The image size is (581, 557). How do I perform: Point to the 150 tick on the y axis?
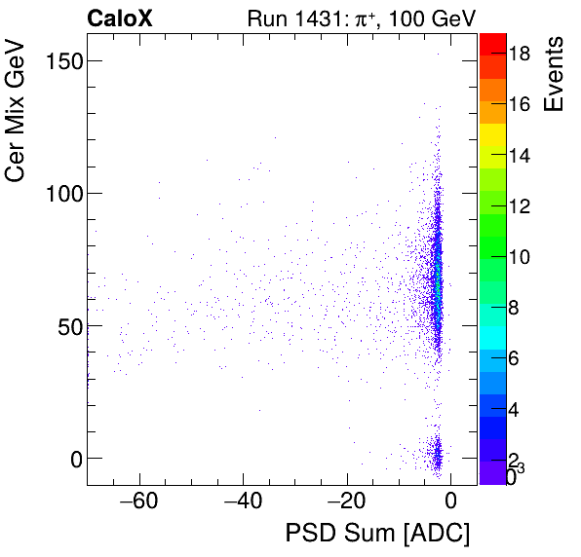61,60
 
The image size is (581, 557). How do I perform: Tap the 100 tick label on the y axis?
61,193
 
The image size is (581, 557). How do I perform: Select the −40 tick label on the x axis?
239,502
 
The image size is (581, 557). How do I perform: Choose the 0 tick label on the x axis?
450,502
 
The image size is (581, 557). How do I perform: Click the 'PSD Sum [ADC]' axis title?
377,535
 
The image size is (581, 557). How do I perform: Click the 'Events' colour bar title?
557,74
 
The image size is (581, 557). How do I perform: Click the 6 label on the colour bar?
519,358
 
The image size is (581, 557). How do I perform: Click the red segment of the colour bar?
492,45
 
